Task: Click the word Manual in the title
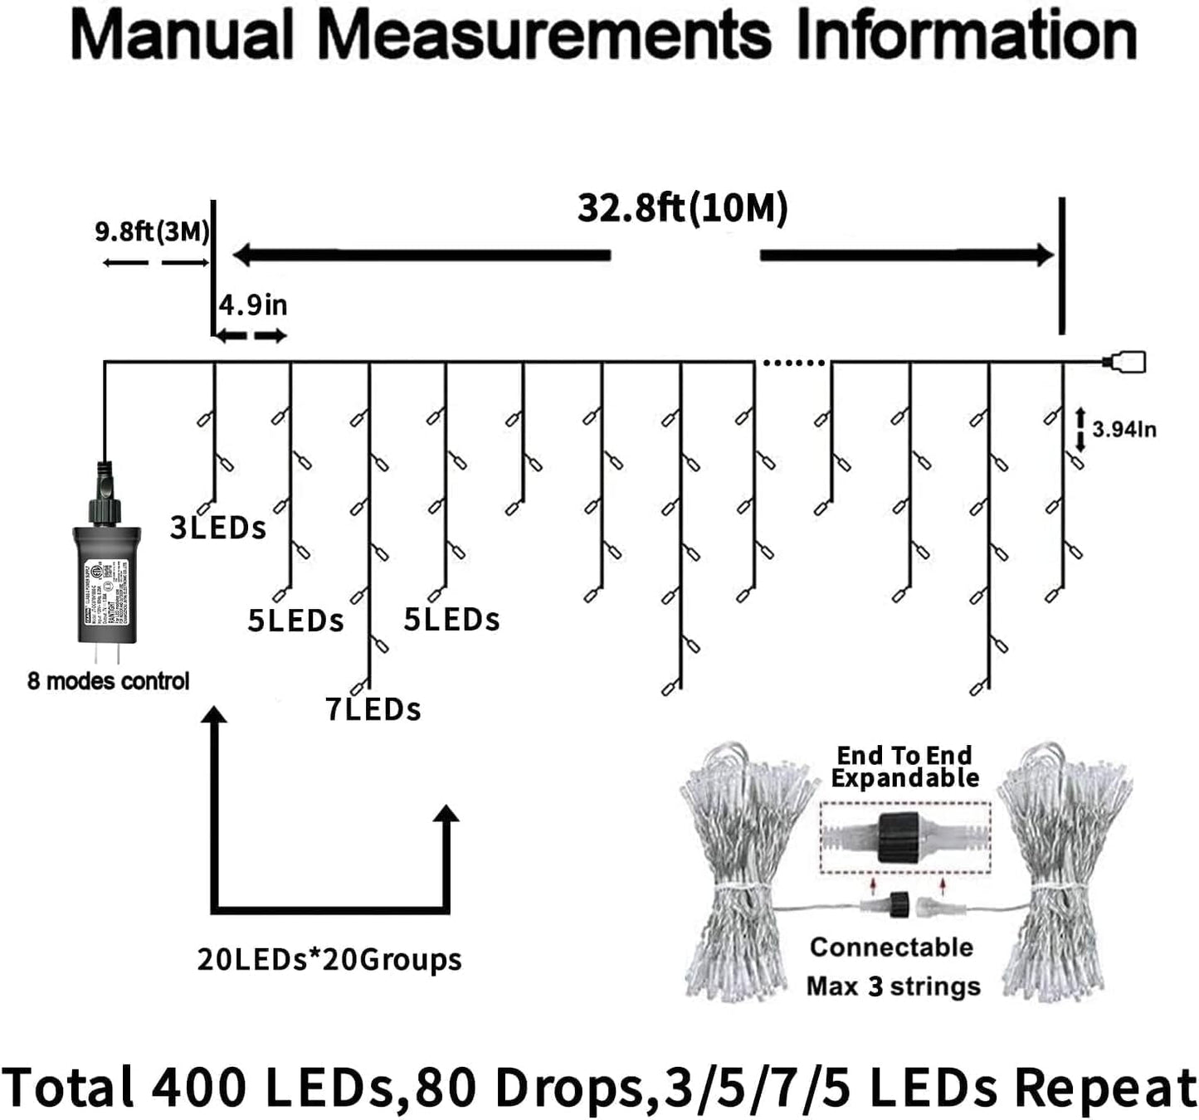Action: (x=181, y=35)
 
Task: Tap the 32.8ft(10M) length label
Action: (x=682, y=208)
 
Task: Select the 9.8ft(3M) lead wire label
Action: (x=152, y=231)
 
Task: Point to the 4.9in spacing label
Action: (x=253, y=305)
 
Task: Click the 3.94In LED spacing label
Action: (x=1123, y=429)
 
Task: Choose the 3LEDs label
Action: (x=217, y=528)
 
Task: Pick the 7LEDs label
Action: (x=373, y=709)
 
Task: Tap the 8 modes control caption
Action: (x=108, y=681)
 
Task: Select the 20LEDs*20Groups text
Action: (x=329, y=959)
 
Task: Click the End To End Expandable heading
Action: (x=904, y=767)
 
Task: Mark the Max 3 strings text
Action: (x=893, y=986)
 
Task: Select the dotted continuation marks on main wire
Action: (x=793, y=363)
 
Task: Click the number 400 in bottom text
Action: (x=199, y=1086)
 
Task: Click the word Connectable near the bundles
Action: (x=891, y=947)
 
